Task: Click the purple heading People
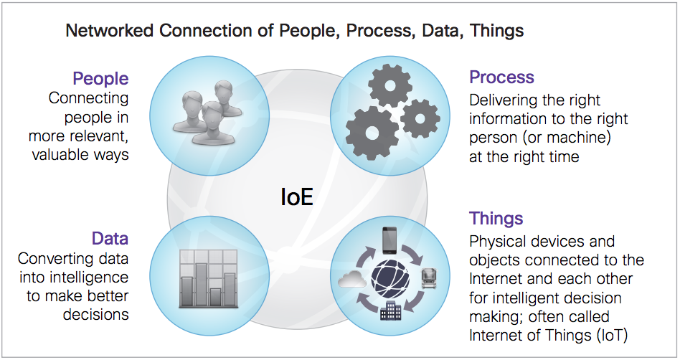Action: click(100, 78)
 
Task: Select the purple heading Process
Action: click(501, 77)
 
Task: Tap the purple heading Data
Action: click(110, 239)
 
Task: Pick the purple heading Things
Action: click(496, 218)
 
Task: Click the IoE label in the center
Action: click(297, 197)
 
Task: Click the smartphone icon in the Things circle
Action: click(389, 240)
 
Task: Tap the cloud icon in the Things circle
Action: click(352, 279)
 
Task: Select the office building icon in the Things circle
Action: click(391, 310)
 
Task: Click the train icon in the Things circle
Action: click(430, 278)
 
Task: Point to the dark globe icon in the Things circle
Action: click(390, 280)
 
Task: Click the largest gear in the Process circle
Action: click(372, 133)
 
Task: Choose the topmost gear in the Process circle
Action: click(390, 85)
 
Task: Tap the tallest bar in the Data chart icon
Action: click(201, 285)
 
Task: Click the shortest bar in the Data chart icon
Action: click(215, 298)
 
